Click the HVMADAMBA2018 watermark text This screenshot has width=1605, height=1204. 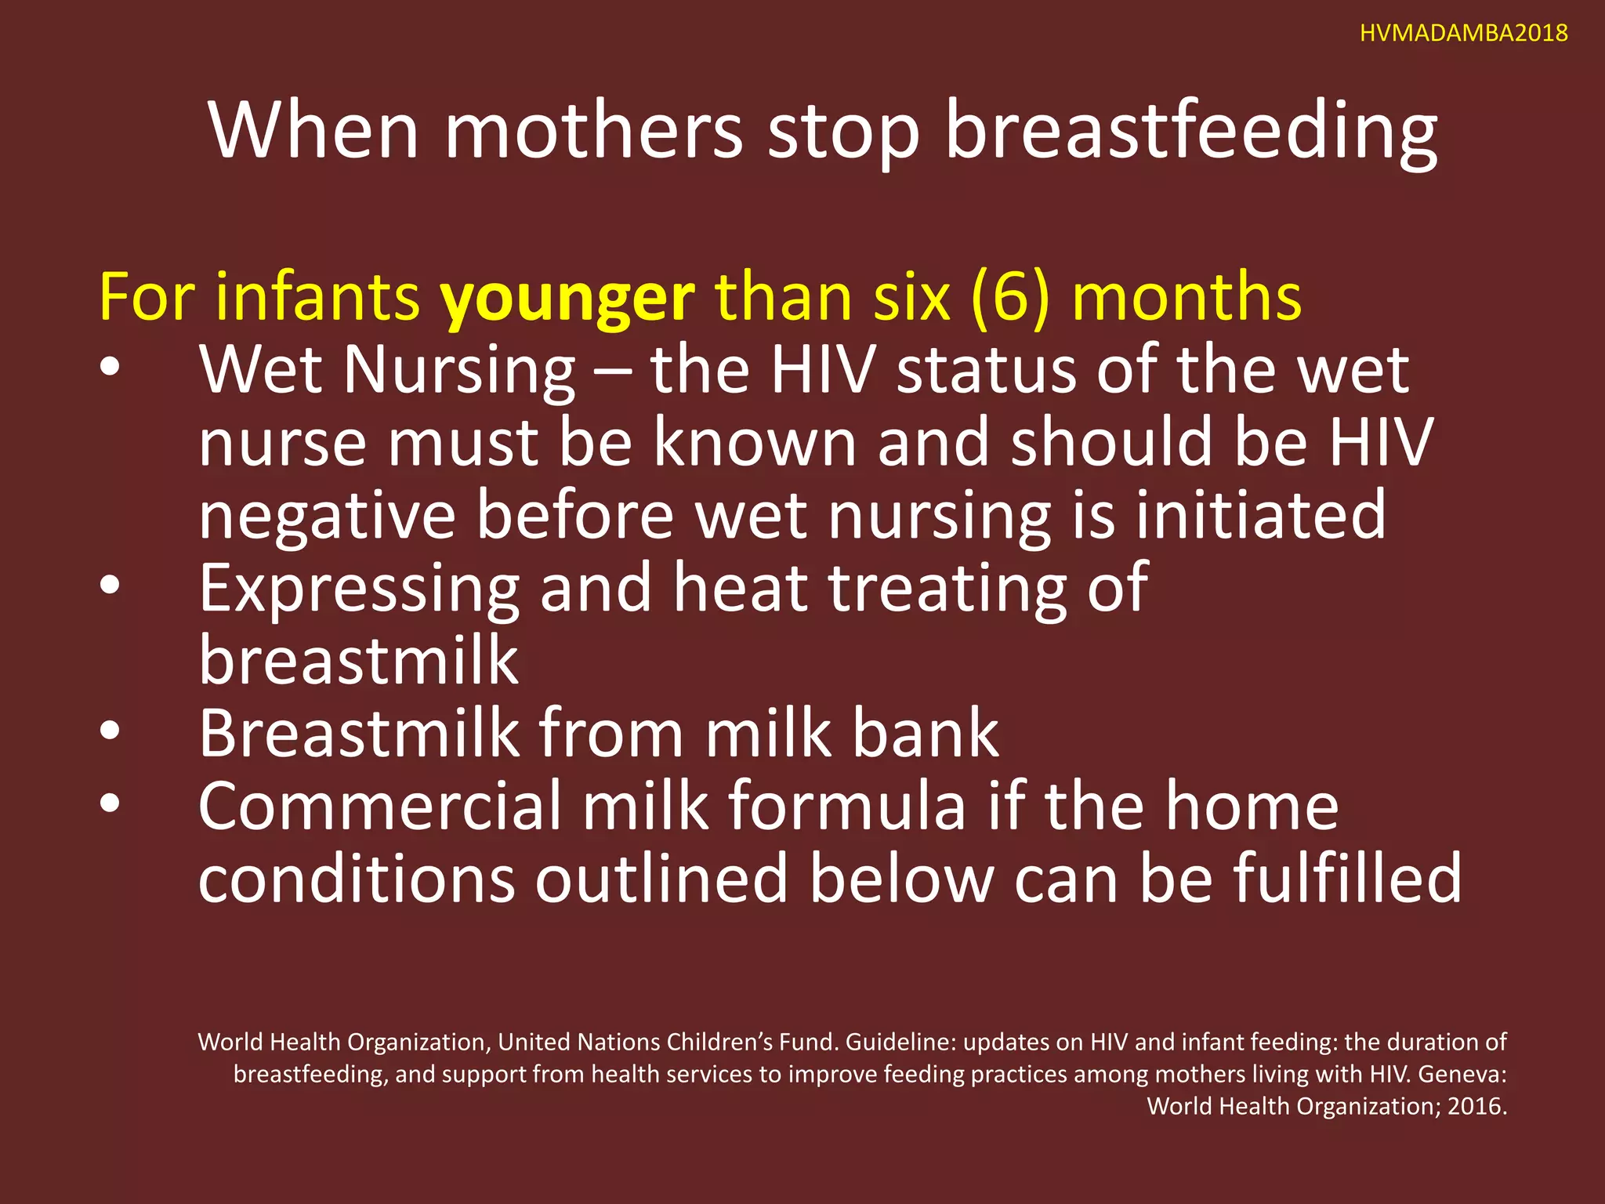(x=1463, y=33)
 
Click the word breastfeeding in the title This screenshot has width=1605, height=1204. (x=1191, y=131)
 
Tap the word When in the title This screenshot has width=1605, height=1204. (x=313, y=131)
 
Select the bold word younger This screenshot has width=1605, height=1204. (x=567, y=298)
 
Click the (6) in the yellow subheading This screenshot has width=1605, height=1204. (x=1009, y=298)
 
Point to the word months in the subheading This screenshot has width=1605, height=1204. (x=1187, y=298)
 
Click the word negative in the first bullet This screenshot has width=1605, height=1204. (x=327, y=515)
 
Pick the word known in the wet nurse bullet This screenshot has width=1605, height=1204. (x=755, y=443)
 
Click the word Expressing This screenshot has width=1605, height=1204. (x=359, y=588)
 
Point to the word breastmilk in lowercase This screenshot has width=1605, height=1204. (x=358, y=660)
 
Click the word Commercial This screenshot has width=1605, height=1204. (x=379, y=806)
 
